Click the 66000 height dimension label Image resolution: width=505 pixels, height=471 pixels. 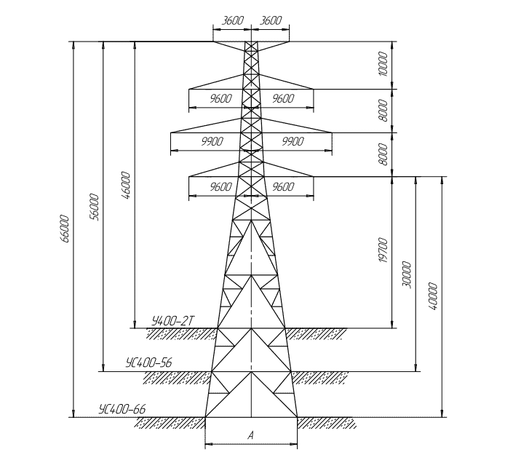65,229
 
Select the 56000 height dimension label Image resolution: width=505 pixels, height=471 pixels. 94,207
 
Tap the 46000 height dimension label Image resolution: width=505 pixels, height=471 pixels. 126,186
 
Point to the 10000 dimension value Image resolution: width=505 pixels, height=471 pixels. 383,64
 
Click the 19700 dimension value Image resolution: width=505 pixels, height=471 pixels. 383,250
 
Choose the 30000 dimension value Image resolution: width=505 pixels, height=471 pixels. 407,274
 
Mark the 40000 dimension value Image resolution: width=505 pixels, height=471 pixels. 433,296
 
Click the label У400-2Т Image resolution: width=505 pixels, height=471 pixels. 173,321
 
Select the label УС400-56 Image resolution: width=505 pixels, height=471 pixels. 148,363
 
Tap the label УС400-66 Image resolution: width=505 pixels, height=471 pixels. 122,409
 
